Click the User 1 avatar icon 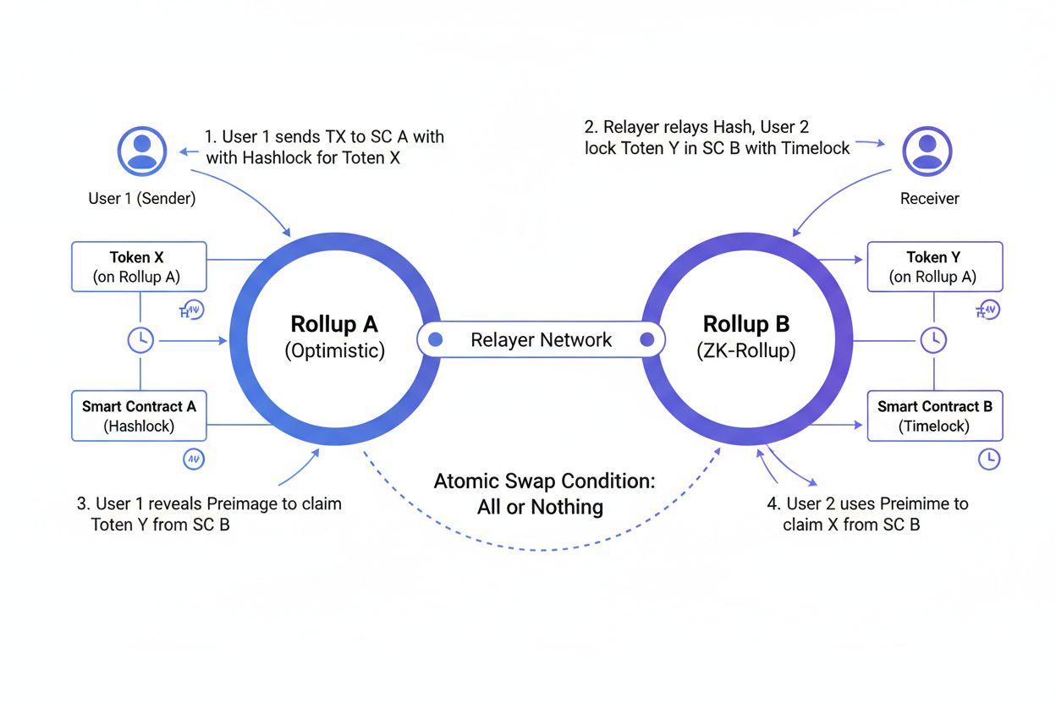coord(142,151)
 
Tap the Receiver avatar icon coord(927,151)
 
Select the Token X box coord(139,267)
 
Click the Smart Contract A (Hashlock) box coord(139,415)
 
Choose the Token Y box coord(934,267)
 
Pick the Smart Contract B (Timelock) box coord(934,415)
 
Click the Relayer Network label coord(541,340)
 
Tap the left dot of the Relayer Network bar coord(436,340)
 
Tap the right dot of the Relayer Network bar coord(647,340)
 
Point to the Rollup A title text coord(334,324)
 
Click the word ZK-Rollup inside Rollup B coord(746,350)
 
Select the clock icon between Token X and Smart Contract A coord(140,340)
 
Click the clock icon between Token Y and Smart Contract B coord(933,340)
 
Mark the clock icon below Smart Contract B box coord(988,459)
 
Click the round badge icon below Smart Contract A coord(194,459)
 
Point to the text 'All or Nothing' coord(540,508)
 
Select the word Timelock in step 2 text coord(815,148)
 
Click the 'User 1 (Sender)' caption coord(142,199)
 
